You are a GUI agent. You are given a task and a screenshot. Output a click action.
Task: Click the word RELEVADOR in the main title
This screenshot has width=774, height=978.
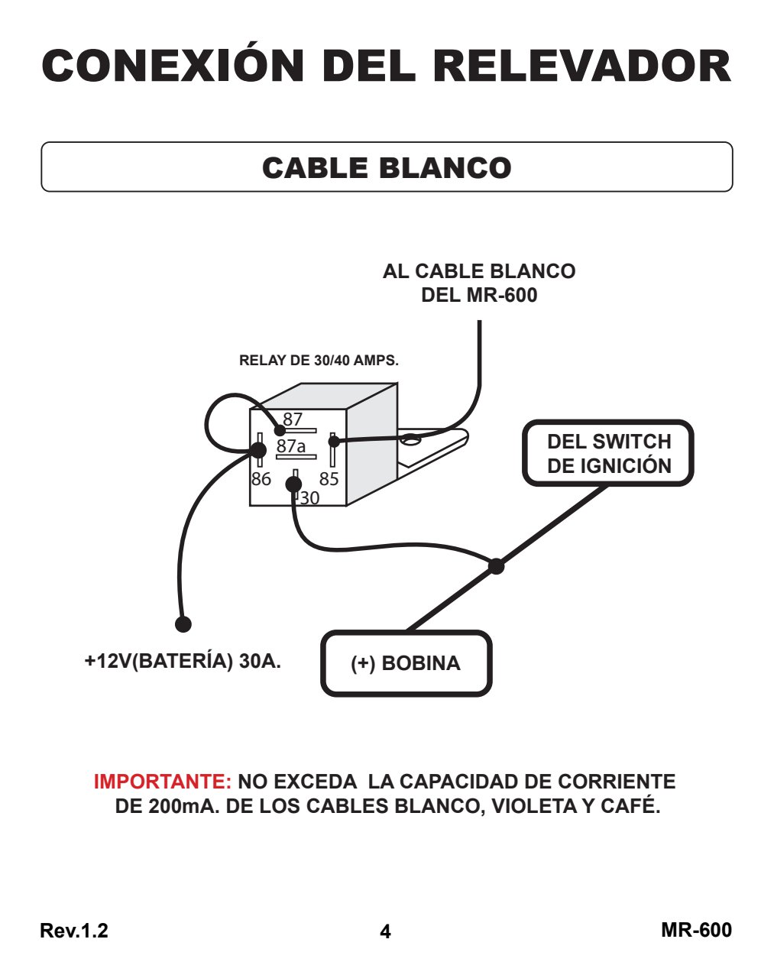[x=582, y=66]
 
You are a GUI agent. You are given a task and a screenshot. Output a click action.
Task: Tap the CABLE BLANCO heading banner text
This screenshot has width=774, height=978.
[x=387, y=167]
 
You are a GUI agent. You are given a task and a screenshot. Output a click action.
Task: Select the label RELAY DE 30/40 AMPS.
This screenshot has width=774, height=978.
[x=319, y=361]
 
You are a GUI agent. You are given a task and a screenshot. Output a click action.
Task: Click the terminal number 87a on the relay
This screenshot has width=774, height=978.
[x=291, y=445]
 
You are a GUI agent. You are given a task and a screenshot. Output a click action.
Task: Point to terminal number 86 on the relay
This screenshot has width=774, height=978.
[x=261, y=479]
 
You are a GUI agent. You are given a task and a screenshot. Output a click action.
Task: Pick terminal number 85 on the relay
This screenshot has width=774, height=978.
[x=329, y=479]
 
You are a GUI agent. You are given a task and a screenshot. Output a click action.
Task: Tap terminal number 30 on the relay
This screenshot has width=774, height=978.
[x=309, y=498]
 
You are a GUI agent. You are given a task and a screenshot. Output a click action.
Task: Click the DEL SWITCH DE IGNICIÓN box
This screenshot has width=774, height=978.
[x=608, y=453]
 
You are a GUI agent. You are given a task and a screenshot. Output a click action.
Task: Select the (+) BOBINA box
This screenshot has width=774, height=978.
[x=406, y=663]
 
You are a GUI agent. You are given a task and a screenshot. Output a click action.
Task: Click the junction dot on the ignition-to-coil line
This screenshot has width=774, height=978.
[x=497, y=566]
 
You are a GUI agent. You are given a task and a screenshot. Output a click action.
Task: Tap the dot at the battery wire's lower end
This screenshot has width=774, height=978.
[x=183, y=624]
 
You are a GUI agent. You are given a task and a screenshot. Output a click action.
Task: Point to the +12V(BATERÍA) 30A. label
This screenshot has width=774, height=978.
[x=183, y=661]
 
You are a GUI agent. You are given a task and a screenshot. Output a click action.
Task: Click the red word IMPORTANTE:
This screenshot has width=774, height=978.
[x=163, y=781]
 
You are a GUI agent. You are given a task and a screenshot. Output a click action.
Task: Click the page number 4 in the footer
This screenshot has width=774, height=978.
[x=385, y=931]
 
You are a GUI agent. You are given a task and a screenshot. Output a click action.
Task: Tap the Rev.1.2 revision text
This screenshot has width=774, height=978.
[x=74, y=931]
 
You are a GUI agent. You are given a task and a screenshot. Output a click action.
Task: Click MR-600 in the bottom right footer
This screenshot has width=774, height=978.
[x=696, y=930]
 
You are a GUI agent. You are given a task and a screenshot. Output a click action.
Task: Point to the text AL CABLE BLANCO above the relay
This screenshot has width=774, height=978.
[x=479, y=271]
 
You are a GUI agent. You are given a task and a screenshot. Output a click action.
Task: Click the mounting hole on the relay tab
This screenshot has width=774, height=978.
[x=411, y=439]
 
